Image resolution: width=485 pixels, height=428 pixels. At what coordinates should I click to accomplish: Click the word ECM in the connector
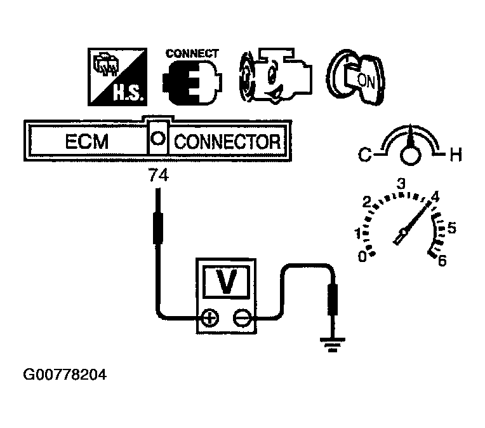(86, 141)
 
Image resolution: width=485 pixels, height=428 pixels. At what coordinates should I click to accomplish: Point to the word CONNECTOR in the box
(226, 141)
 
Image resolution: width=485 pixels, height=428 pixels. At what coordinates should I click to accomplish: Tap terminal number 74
(158, 177)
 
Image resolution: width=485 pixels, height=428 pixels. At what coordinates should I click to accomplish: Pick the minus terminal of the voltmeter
(241, 317)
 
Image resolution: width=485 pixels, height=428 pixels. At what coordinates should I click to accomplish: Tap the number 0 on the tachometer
(362, 256)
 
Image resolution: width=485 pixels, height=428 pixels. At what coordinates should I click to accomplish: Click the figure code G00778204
(64, 375)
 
